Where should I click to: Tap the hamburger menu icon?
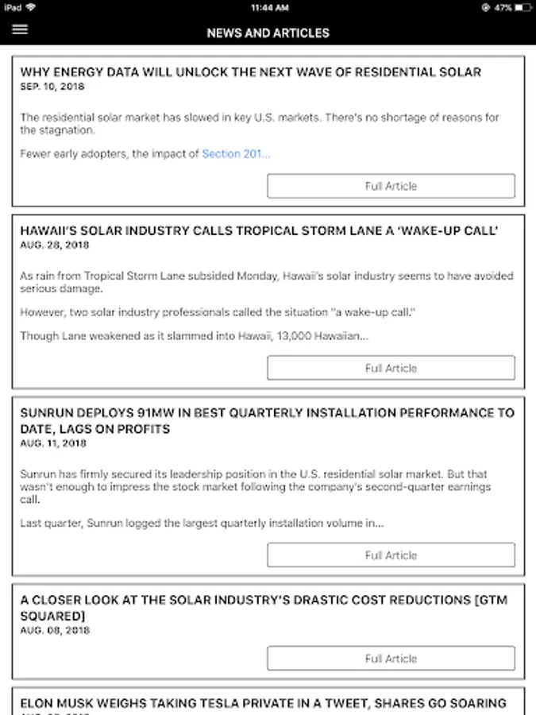click(20, 29)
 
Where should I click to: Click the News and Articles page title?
click(268, 33)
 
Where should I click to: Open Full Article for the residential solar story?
click(391, 186)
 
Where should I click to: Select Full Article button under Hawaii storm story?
click(391, 368)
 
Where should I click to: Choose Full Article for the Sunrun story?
click(391, 555)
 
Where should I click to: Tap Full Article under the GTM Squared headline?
click(391, 659)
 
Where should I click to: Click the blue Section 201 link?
click(235, 154)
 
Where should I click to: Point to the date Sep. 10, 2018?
click(52, 87)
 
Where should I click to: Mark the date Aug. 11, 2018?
click(52, 443)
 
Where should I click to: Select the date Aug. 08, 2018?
click(55, 631)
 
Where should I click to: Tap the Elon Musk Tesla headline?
click(263, 703)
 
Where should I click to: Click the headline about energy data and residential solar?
click(250, 72)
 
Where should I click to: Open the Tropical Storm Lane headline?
click(259, 231)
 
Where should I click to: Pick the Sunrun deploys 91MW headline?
click(267, 421)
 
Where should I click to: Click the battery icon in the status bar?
click(522, 7)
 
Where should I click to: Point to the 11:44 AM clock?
click(268, 7)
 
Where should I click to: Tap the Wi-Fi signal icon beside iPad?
click(30, 7)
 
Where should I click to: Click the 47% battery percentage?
click(503, 7)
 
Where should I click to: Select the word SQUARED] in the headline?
click(52, 616)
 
